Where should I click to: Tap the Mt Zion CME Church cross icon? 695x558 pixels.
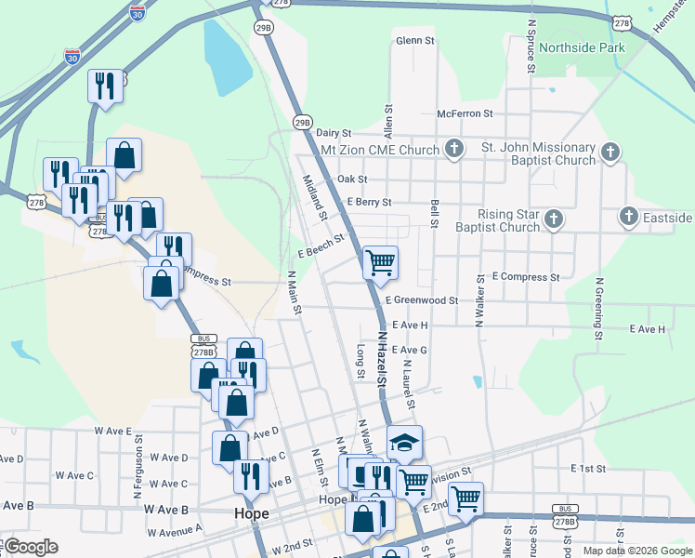pyautogui.click(x=454, y=149)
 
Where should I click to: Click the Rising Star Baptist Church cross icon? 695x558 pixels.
pyautogui.click(x=553, y=219)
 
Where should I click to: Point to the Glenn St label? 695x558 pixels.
pyautogui.click(x=415, y=41)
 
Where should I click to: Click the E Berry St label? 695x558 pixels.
pyautogui.click(x=369, y=202)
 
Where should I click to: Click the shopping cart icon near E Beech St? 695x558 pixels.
pyautogui.click(x=380, y=263)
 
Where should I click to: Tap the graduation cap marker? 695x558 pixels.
pyautogui.click(x=404, y=443)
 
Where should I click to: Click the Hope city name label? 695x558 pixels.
pyautogui.click(x=251, y=513)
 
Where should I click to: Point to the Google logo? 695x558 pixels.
pyautogui.click(x=31, y=547)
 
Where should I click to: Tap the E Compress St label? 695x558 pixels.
pyautogui.click(x=526, y=277)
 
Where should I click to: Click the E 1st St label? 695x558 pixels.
pyautogui.click(x=588, y=468)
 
